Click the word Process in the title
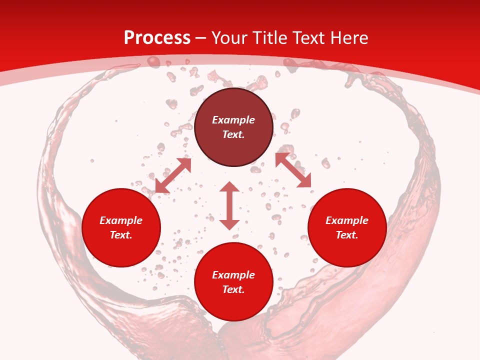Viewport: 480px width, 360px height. (x=157, y=38)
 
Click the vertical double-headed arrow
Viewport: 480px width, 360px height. (x=229, y=205)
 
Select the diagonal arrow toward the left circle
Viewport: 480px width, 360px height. (x=173, y=175)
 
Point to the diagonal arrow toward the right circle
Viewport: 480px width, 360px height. (x=293, y=170)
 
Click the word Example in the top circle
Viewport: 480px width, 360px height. (x=233, y=120)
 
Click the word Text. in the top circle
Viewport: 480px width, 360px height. (x=233, y=134)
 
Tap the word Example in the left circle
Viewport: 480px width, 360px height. (x=121, y=220)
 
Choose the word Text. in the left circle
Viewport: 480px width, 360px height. (x=121, y=235)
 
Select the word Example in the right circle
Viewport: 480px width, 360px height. (x=347, y=220)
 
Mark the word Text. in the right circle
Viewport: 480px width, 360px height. (x=347, y=235)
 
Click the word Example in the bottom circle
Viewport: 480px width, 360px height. (x=233, y=275)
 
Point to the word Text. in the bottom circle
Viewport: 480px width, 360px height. (x=233, y=289)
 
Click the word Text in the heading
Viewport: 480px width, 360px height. (x=310, y=38)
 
